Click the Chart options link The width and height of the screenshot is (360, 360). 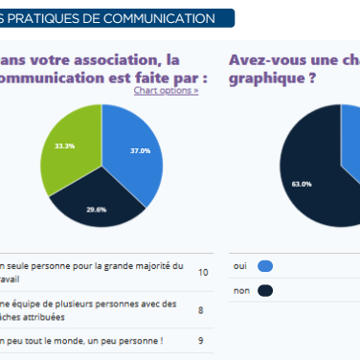pos(166,90)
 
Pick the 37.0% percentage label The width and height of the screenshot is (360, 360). pos(140,150)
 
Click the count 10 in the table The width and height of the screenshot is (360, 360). pos(202,272)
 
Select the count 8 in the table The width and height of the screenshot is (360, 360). pos(200,310)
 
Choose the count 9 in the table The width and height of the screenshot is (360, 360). pos(200,340)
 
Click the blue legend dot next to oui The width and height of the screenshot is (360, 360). pos(265,266)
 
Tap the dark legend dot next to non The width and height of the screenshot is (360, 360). pos(265,290)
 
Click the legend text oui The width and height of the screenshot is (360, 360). pos(240,266)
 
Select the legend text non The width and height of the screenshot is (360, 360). pos(240,290)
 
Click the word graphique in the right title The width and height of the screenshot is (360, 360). pos(268,78)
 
